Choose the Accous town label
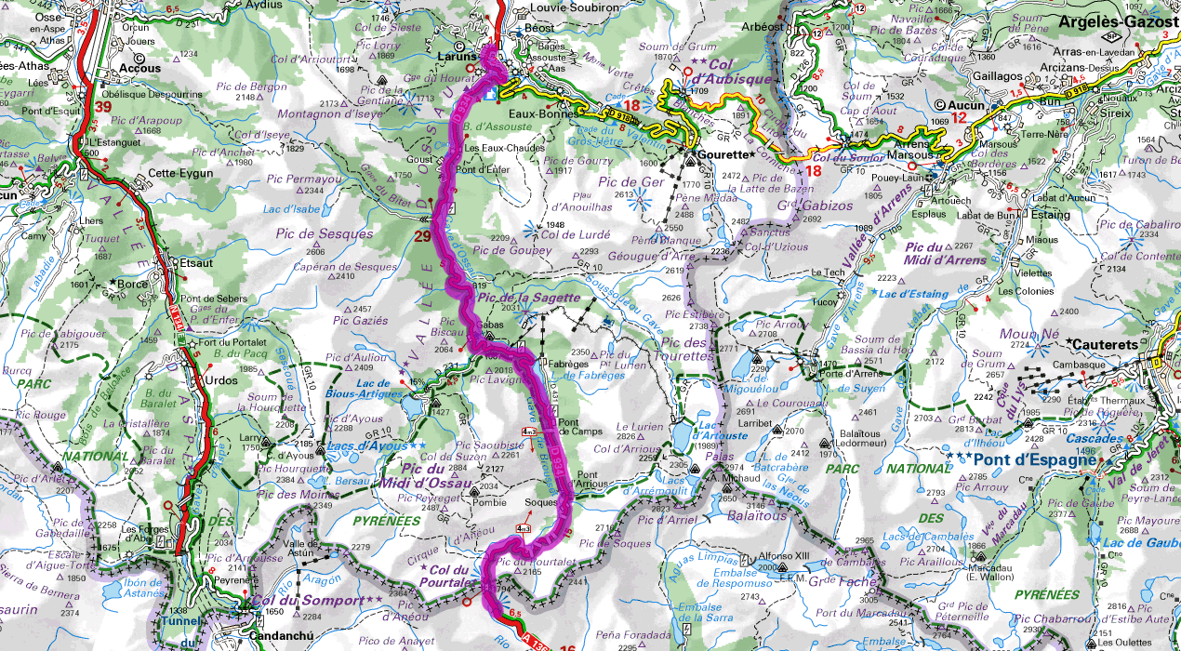point(140,68)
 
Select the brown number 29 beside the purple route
point(422,237)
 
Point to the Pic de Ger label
point(631,181)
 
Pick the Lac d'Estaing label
point(916,294)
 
